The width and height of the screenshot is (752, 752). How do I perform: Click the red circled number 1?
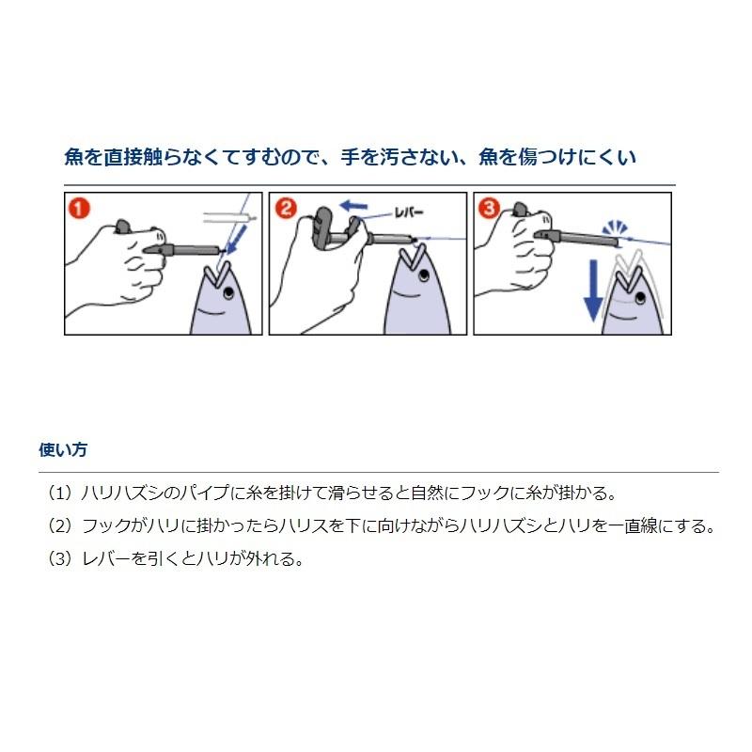[x=79, y=209]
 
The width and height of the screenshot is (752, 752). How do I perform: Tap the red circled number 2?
[x=285, y=209]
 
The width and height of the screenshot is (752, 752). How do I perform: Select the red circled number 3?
[x=489, y=209]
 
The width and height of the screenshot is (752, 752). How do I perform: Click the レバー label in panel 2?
[x=409, y=212]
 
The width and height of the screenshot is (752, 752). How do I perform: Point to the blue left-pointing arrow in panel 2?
[x=353, y=206]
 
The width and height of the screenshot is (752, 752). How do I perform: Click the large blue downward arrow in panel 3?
[x=593, y=290]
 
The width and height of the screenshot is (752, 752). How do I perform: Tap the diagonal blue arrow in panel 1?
[x=237, y=240]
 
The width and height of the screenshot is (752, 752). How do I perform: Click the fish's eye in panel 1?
[x=228, y=291]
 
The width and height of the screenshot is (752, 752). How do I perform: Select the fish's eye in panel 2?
[x=424, y=275]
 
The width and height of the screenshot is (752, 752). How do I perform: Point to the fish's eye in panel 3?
[x=640, y=298]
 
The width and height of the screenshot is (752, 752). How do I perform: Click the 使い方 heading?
[x=63, y=450]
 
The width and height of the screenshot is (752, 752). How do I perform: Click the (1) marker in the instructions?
[x=60, y=493]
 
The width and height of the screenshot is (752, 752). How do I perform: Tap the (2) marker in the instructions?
[x=60, y=526]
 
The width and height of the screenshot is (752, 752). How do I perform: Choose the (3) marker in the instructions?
[x=60, y=558]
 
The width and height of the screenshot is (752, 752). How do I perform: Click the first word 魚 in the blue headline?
[x=73, y=157]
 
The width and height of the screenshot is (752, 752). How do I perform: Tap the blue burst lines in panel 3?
[x=615, y=227]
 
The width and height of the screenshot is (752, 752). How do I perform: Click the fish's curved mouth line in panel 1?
[x=211, y=313]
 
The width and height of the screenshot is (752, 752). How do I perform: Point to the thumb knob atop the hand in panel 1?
[x=122, y=226]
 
